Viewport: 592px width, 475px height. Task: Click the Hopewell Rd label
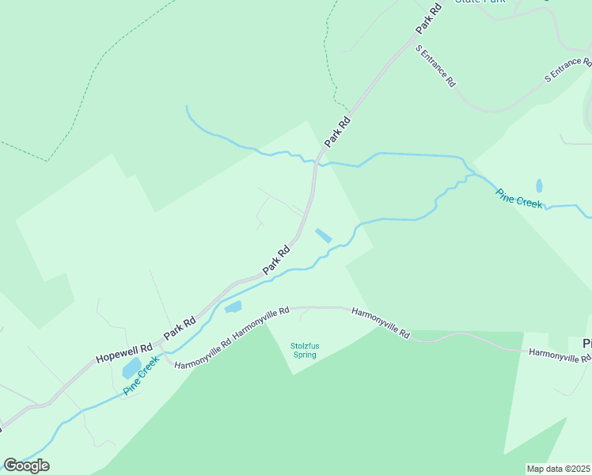[x=123, y=352]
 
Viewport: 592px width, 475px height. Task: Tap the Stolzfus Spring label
[x=303, y=350]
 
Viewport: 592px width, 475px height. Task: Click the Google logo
[x=26, y=465]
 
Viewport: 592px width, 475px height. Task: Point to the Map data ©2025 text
[x=558, y=469]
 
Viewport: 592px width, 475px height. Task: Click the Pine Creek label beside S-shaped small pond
[x=519, y=198]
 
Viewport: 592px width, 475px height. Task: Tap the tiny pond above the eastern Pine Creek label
[x=539, y=186]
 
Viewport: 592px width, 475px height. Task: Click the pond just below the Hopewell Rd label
[x=131, y=369]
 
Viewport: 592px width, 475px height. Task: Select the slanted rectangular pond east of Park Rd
[x=324, y=236]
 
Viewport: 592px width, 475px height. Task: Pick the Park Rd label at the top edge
[x=427, y=18]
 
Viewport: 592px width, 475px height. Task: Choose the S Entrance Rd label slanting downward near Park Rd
[x=436, y=65]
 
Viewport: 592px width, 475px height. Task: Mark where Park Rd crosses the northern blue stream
[x=317, y=162]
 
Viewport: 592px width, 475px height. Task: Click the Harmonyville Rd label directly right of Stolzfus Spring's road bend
[x=381, y=322]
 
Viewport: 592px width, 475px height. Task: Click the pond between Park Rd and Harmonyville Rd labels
[x=233, y=306]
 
